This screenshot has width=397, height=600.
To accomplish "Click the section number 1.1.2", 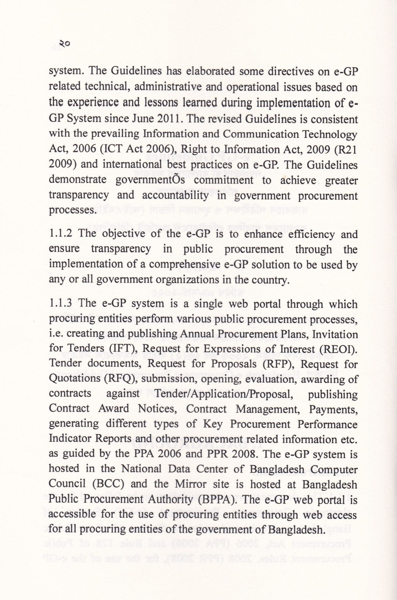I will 61,234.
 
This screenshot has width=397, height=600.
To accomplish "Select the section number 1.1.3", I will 61,304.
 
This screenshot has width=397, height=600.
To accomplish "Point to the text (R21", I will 343,150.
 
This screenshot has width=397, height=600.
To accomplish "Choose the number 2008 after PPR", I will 242,454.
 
